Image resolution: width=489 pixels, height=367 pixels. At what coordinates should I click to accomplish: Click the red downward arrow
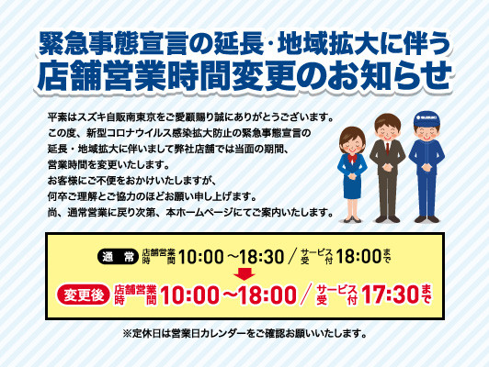pos(244,273)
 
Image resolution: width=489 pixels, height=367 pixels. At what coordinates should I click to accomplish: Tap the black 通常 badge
pos(118,258)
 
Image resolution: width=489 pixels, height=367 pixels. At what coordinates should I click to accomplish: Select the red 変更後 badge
pos(84,295)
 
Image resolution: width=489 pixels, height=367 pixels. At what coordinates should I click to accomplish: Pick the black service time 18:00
pos(359,257)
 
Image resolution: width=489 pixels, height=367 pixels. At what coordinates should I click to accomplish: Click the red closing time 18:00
pos(267,295)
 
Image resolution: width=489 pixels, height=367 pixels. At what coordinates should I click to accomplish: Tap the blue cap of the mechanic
pos(426,119)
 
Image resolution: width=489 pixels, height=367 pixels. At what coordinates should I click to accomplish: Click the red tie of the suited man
pos(387,148)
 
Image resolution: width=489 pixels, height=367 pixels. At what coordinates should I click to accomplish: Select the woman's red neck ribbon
pos(352,158)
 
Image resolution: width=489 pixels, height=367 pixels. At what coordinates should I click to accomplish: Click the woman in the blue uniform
pos(352,174)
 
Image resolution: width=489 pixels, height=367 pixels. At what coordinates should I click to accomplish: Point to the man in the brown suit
pos(387,168)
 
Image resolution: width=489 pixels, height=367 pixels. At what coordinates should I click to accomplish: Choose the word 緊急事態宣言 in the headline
pos(123,45)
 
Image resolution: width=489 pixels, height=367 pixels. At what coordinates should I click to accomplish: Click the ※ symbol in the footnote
pos(128,334)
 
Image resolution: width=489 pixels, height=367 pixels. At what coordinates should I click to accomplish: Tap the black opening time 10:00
pos(200,258)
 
